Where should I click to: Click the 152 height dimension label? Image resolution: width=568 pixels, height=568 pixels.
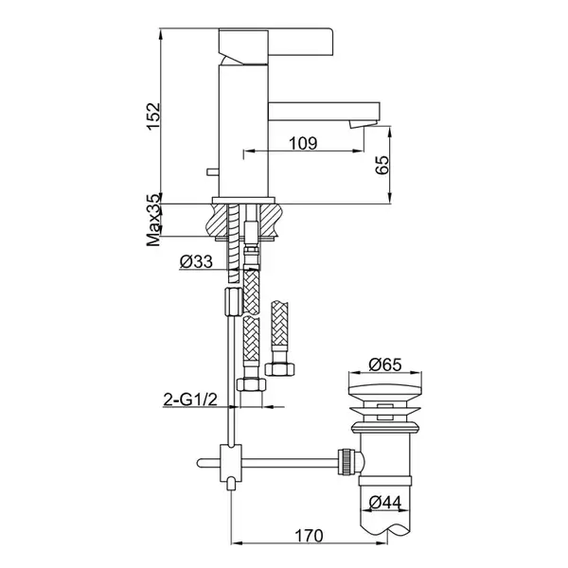click(x=153, y=115)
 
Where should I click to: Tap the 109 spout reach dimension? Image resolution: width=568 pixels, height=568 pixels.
click(x=303, y=143)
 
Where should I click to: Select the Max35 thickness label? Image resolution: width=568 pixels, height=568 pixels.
click(x=153, y=221)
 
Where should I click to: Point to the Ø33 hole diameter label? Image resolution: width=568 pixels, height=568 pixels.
click(x=196, y=261)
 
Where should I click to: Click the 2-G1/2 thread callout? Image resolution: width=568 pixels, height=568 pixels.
click(x=190, y=399)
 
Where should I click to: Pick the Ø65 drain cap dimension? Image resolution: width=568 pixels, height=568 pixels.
click(x=385, y=364)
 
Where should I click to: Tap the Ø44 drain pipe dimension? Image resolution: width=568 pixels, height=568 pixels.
click(x=385, y=503)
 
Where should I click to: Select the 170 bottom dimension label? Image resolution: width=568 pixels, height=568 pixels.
click(x=309, y=536)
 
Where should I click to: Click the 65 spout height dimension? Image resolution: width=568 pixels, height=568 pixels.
click(x=382, y=165)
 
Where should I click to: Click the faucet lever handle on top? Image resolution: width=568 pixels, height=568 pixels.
click(x=275, y=42)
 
